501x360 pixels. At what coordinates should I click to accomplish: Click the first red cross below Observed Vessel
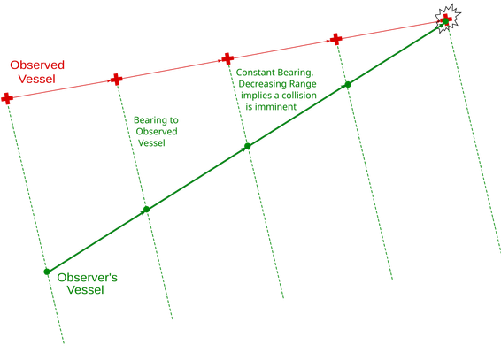(7, 98)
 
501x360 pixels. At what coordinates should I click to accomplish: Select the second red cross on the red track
(116, 79)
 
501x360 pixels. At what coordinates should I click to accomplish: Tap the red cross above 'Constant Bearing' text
(227, 58)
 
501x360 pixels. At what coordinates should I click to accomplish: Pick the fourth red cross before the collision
(335, 39)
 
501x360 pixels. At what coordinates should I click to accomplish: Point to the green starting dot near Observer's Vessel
(47, 272)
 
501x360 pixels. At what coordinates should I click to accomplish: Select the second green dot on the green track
(146, 210)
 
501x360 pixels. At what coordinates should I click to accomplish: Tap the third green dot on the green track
(247, 146)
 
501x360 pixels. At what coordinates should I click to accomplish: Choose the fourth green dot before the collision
(348, 85)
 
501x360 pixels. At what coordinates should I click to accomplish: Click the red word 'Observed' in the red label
(37, 65)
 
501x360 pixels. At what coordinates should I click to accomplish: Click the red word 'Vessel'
(37, 79)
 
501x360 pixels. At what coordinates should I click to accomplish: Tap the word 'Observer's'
(88, 278)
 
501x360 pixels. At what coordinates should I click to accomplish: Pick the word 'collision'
(299, 96)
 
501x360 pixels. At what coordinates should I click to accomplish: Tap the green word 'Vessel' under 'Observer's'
(85, 290)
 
